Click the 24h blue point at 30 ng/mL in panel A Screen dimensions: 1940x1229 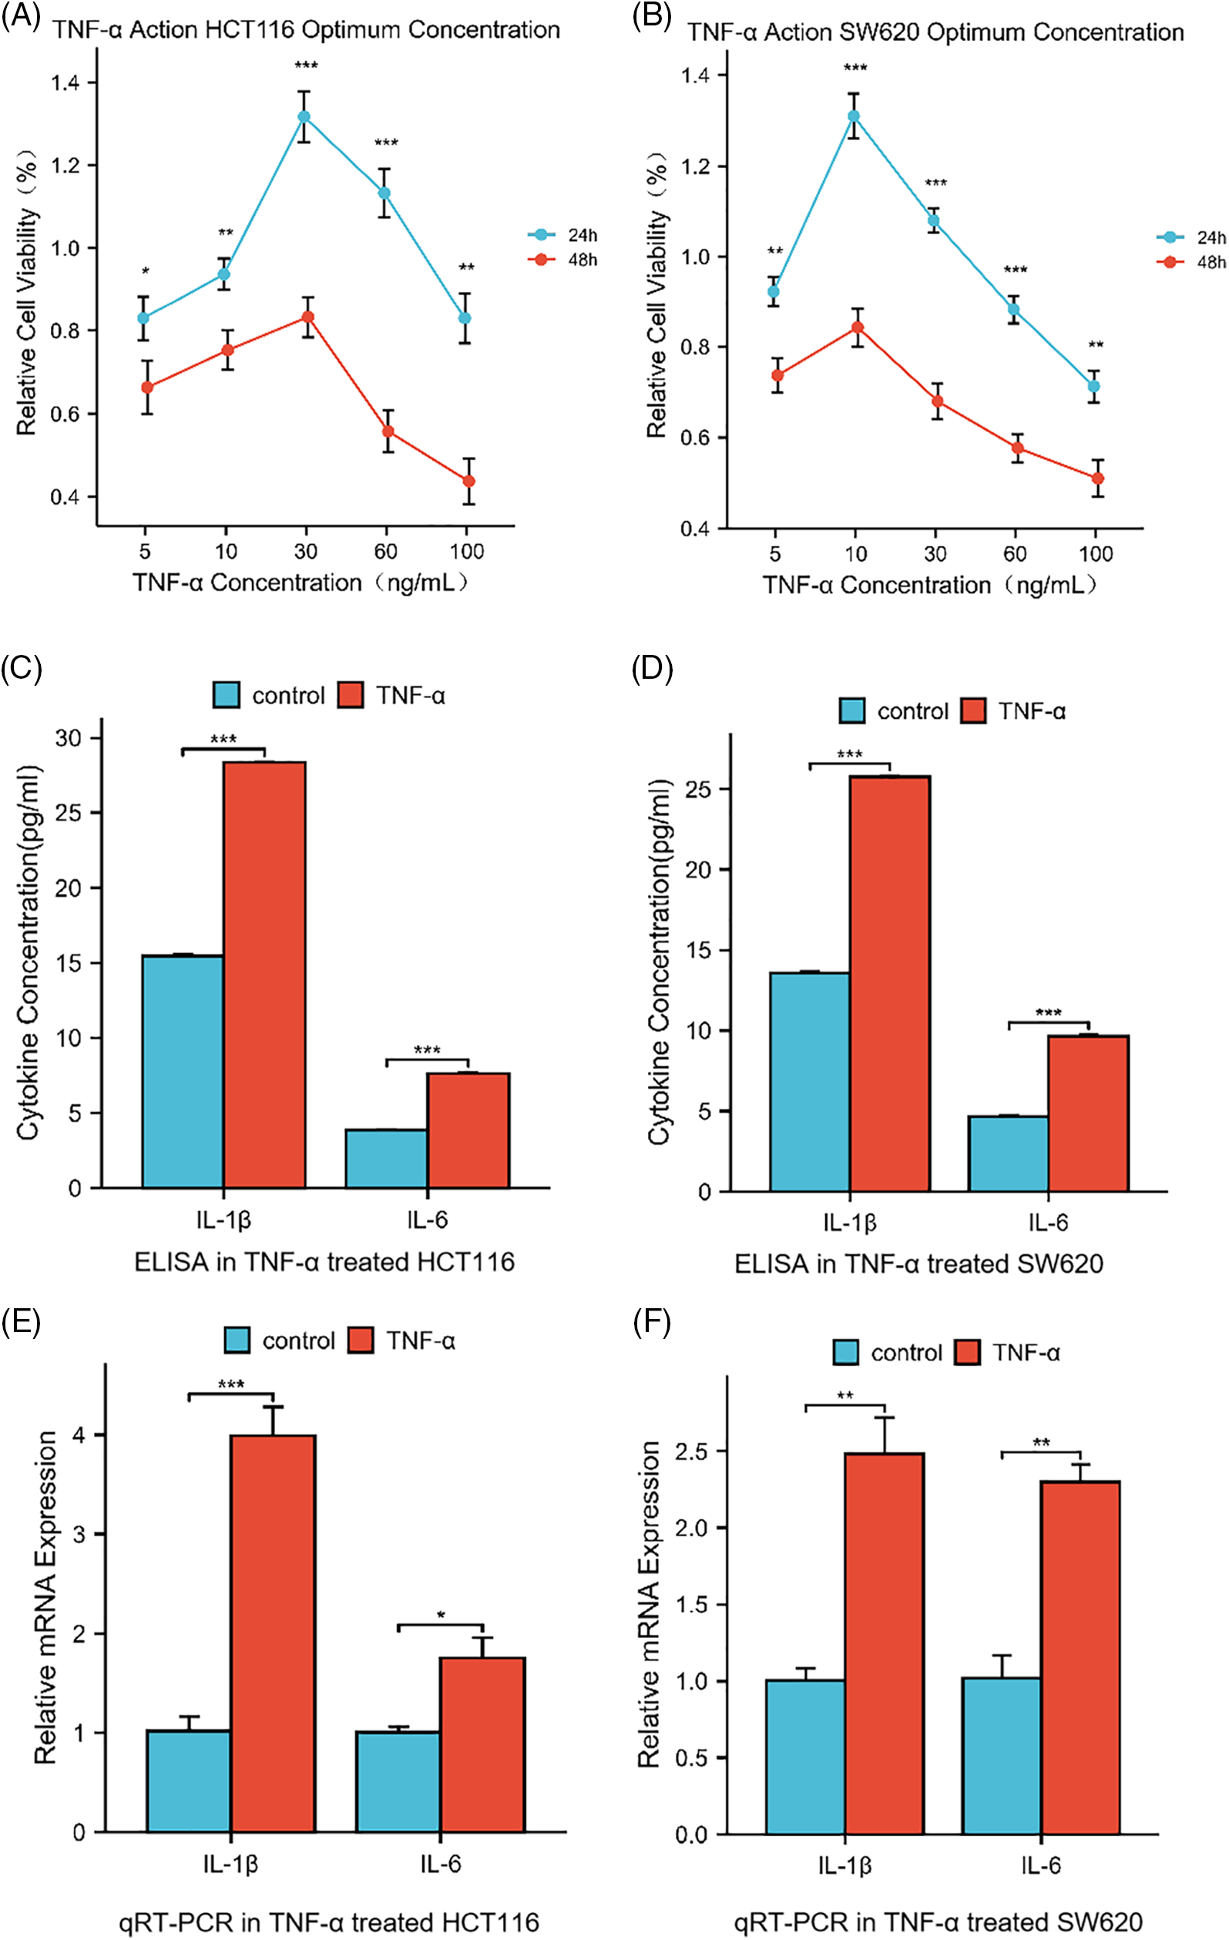[x=304, y=117]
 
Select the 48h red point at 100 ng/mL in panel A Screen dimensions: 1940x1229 [x=468, y=481]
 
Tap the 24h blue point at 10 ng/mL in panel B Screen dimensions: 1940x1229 [x=854, y=116]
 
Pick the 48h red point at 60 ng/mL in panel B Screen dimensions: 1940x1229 [x=1018, y=448]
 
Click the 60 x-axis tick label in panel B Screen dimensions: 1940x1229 [x=1015, y=554]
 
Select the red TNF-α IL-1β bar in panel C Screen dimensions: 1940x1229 [x=264, y=974]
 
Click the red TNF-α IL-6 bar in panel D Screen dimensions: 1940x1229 [x=1088, y=1113]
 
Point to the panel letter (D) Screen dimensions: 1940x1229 [x=652, y=670]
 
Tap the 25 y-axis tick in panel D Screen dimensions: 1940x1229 [x=700, y=789]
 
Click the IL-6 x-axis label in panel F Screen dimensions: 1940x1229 [x=1040, y=1865]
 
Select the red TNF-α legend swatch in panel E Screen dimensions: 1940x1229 [x=361, y=1341]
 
